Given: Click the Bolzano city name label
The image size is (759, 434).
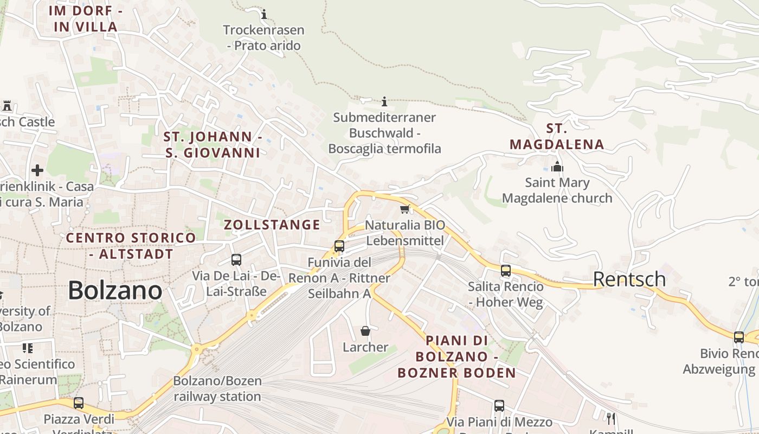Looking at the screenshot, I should point(115,291).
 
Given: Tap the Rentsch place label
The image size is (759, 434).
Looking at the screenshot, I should point(629,279).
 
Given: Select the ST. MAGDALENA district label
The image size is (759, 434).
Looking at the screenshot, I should point(557,137).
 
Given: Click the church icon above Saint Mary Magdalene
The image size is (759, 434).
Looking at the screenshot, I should point(557,167).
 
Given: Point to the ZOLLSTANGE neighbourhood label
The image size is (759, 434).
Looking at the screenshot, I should point(272,225).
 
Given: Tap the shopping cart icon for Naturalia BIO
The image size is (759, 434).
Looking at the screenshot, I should point(404,209).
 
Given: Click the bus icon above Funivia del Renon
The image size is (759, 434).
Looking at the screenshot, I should point(339,246).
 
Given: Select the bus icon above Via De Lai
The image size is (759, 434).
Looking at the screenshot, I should point(236,260).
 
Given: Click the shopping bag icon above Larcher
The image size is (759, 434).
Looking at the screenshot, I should point(365,331).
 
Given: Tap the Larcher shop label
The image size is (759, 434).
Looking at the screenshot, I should point(365,347).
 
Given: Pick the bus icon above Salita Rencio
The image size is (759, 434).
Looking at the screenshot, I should point(506,270).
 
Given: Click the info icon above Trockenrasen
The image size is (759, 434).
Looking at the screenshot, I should point(264,14).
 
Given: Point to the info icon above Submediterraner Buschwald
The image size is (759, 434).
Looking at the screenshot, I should point(384,101).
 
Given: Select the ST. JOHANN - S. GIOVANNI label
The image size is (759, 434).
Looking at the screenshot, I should point(213,145).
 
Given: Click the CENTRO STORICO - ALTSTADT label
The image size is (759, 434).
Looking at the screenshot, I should point(131,246).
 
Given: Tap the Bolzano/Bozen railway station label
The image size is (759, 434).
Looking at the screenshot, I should point(217,389).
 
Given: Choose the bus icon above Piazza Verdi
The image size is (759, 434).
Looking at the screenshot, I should point(79,403).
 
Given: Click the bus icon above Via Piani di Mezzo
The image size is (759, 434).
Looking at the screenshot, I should point(499,405).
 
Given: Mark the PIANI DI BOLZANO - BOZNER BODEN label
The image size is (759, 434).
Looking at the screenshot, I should point(456,356).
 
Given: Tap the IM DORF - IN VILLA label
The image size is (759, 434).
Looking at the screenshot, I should point(86,18).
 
